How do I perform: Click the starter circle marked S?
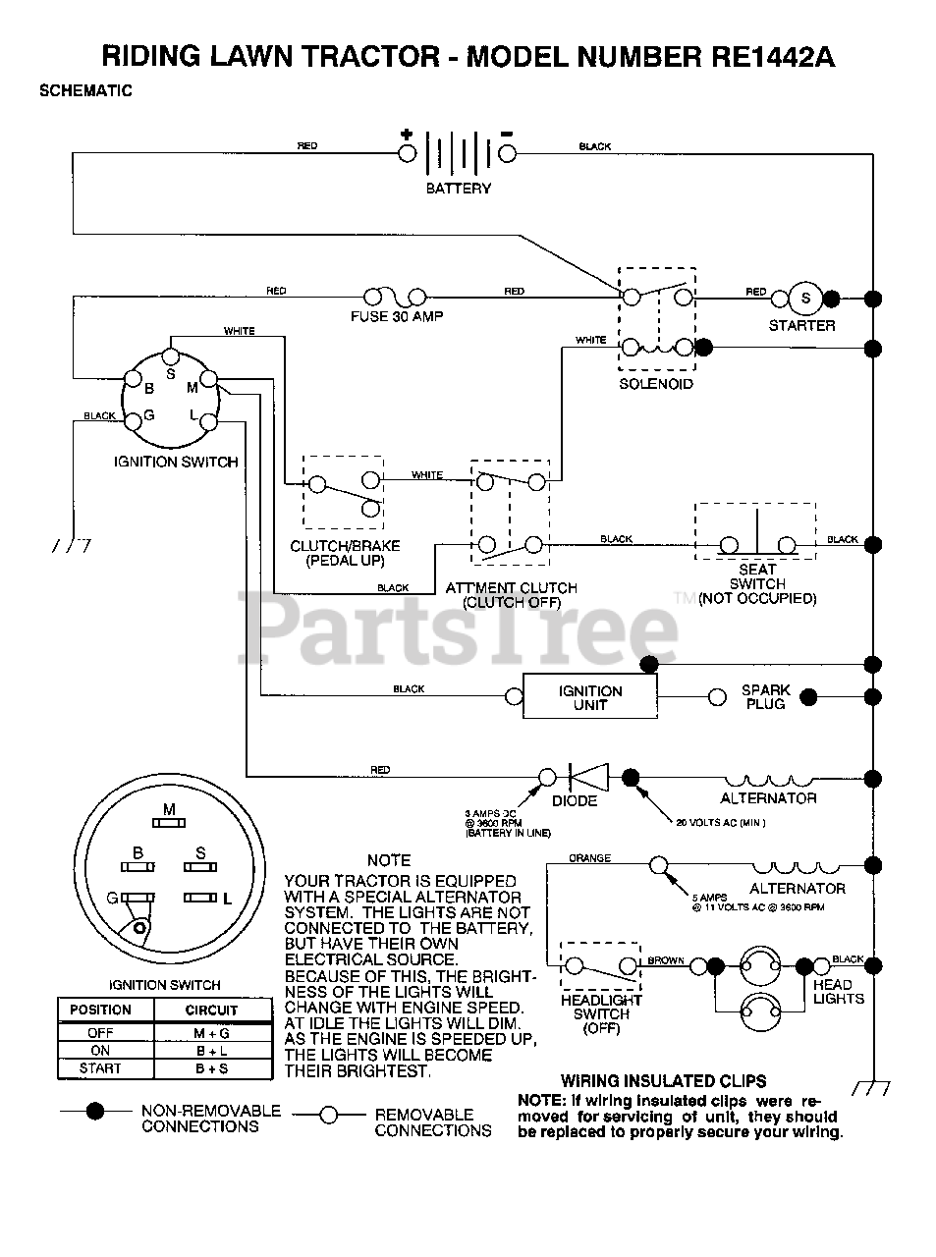click(x=806, y=299)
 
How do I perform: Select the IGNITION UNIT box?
click(x=589, y=697)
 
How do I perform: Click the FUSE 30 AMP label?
click(x=397, y=317)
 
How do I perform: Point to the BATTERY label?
click(x=458, y=188)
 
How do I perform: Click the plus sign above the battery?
click(x=406, y=133)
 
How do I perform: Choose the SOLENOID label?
click(x=655, y=384)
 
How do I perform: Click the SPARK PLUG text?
click(x=765, y=697)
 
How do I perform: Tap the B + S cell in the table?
click(x=211, y=1068)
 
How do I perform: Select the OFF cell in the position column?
click(x=100, y=1033)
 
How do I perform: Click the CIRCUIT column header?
click(x=211, y=1010)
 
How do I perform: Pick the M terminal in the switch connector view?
click(x=169, y=821)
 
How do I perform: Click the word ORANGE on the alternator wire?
click(x=589, y=858)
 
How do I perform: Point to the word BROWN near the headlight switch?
click(x=666, y=959)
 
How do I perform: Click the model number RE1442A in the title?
click(x=773, y=57)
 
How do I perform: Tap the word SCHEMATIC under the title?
click(x=85, y=91)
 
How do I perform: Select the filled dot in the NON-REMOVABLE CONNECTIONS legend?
click(x=95, y=1112)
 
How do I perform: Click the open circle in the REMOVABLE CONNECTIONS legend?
click(x=329, y=1115)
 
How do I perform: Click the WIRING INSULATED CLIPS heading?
click(x=663, y=1081)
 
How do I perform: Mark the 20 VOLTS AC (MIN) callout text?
click(x=720, y=822)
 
